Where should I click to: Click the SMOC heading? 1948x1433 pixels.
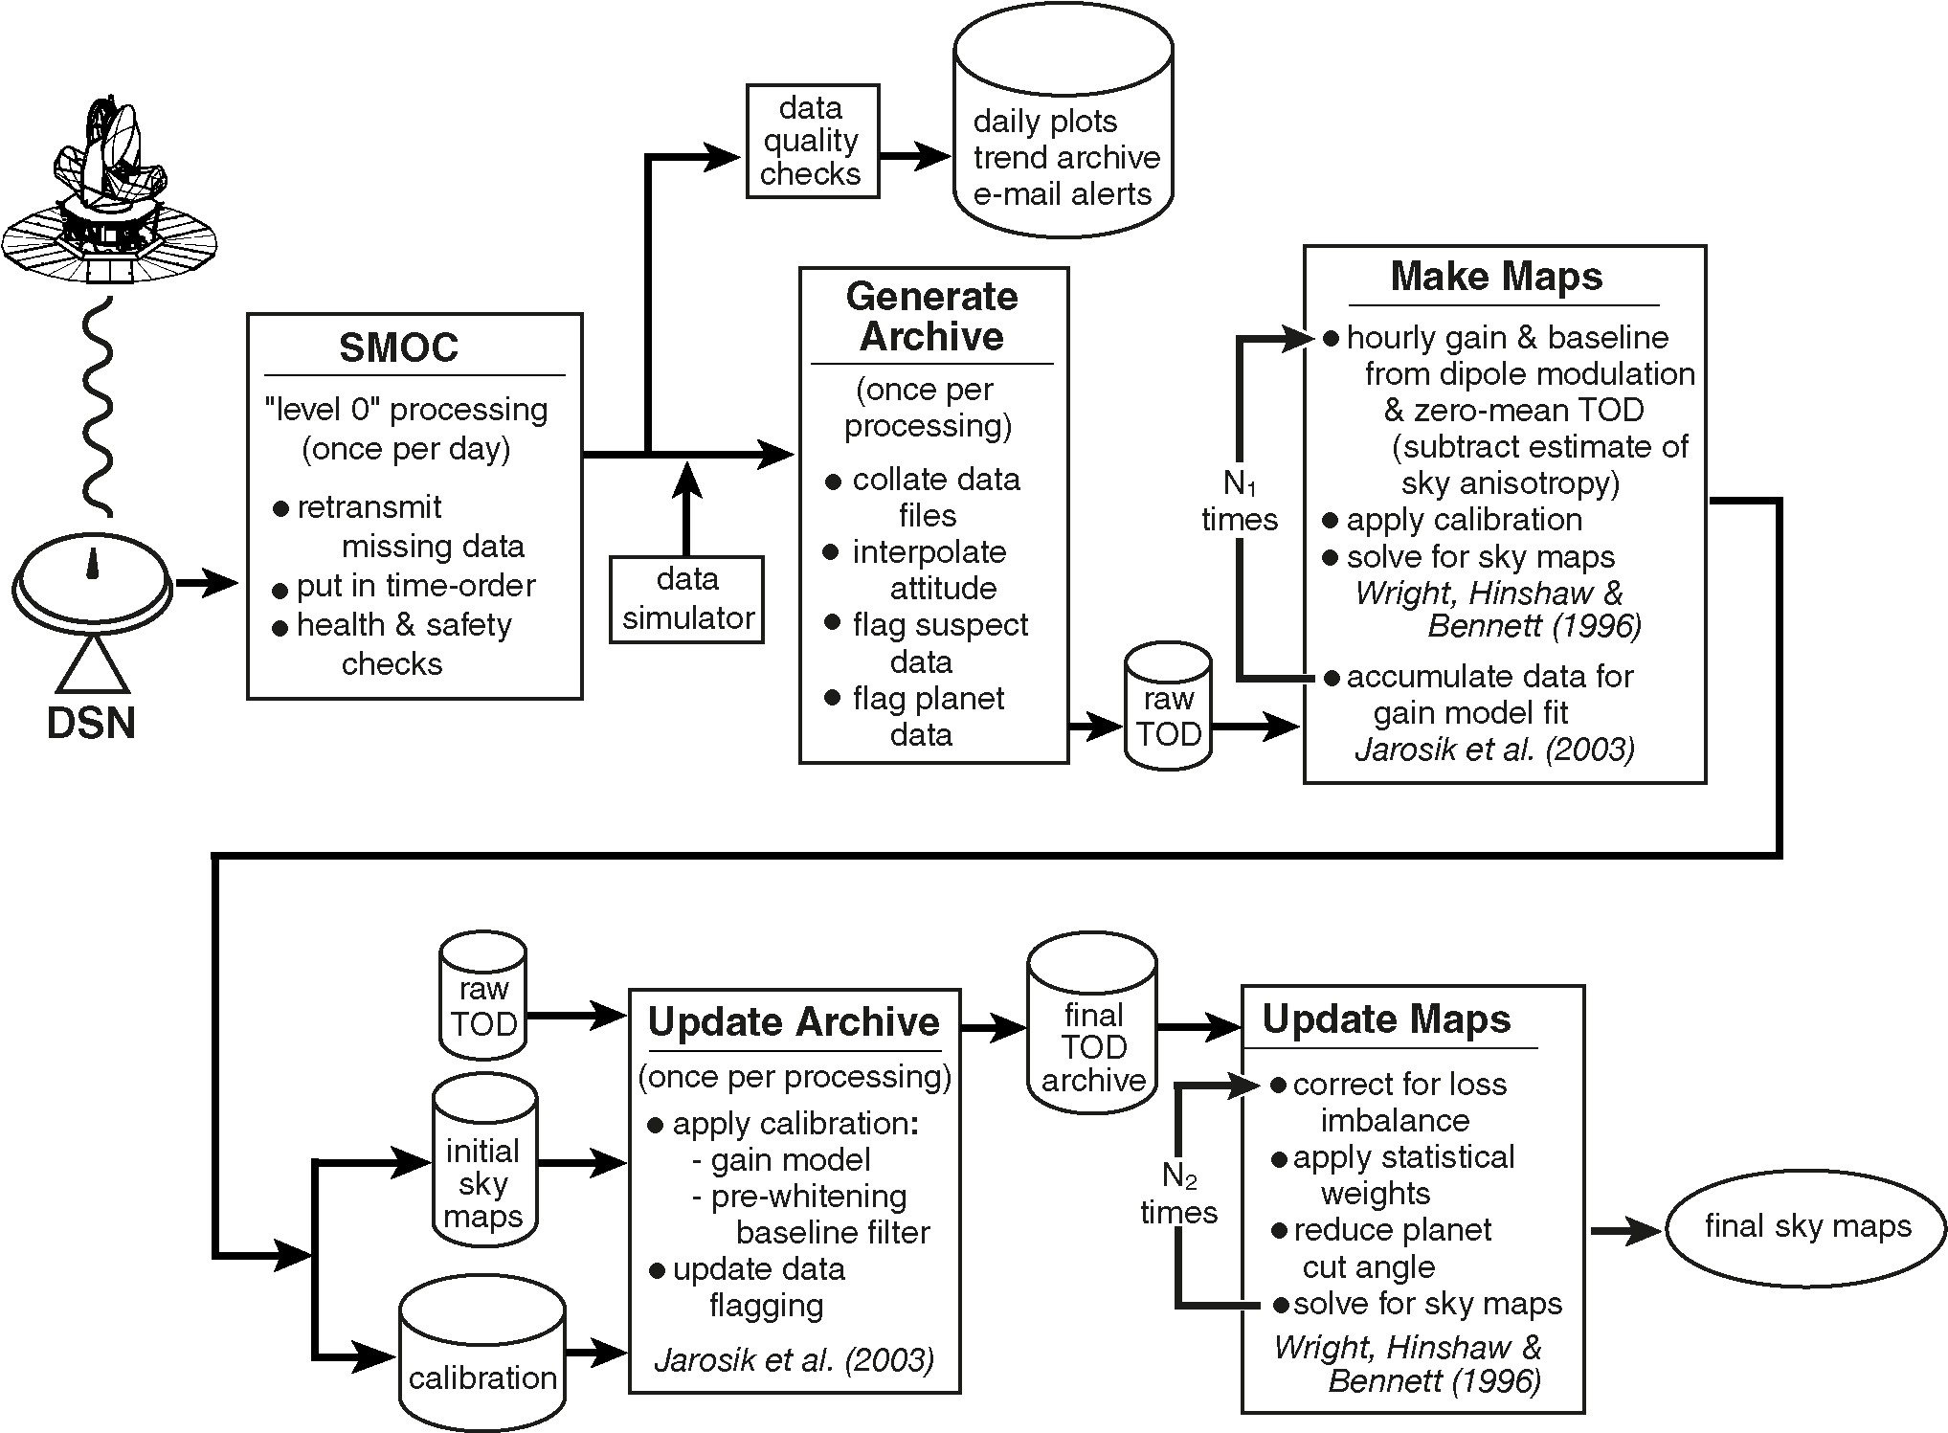(x=398, y=347)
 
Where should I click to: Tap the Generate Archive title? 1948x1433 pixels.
(x=931, y=316)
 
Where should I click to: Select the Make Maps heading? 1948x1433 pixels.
(x=1496, y=277)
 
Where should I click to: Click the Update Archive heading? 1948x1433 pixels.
(x=794, y=1022)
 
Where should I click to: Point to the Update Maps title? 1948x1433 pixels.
(x=1386, y=1019)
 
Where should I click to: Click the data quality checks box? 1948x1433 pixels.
(x=811, y=141)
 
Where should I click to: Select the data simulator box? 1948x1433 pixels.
(x=687, y=599)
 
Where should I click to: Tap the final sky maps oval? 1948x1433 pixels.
(x=1807, y=1227)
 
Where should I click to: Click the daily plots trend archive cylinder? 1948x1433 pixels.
(x=1064, y=129)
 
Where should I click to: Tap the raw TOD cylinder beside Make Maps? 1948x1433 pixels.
(x=1168, y=708)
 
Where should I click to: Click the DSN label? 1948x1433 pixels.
(x=91, y=724)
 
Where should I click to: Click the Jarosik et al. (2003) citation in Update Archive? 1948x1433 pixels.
(x=794, y=1359)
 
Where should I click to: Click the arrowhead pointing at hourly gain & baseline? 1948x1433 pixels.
(x=1298, y=338)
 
